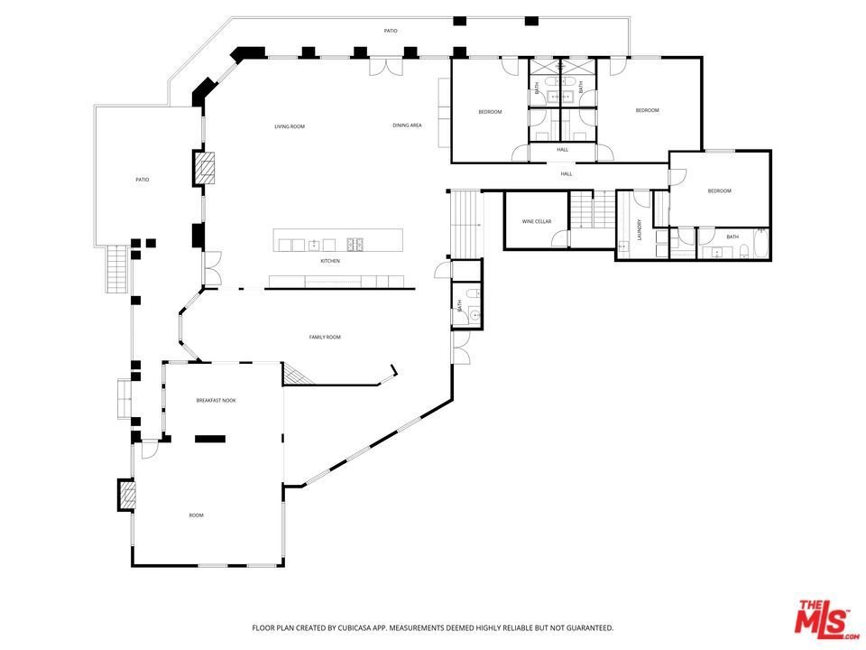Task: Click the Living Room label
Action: [x=290, y=126]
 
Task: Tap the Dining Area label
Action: [x=407, y=125]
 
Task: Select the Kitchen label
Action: [x=330, y=261]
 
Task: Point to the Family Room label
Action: [x=325, y=337]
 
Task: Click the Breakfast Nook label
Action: [x=216, y=400]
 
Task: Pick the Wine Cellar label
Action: [x=536, y=222]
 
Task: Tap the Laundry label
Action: [x=640, y=230]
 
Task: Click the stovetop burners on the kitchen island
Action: [x=354, y=244]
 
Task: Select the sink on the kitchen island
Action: [x=313, y=244]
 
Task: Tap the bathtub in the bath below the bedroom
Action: [x=761, y=244]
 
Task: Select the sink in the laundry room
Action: [x=623, y=246]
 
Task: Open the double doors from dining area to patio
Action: [x=387, y=66]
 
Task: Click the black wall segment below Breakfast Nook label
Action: [x=210, y=439]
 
